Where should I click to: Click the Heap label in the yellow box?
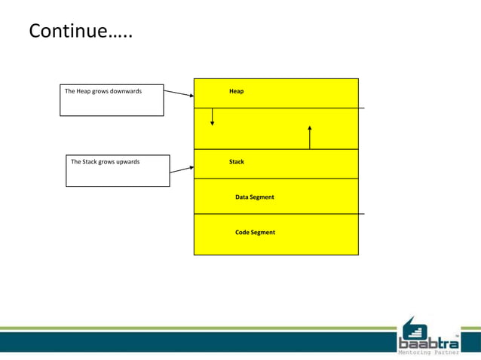(236, 91)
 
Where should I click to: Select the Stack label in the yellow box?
(236, 161)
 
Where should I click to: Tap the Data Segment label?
(254, 197)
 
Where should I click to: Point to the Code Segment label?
(255, 232)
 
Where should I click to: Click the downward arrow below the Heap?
(212, 117)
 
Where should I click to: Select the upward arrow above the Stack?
(310, 137)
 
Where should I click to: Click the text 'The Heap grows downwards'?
(103, 91)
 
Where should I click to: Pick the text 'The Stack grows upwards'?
(105, 161)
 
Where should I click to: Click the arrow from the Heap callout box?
(179, 94)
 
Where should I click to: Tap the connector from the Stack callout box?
(181, 170)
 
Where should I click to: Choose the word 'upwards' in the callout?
(127, 161)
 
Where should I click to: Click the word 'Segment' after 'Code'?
(263, 232)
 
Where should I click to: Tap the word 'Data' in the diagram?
(242, 197)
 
